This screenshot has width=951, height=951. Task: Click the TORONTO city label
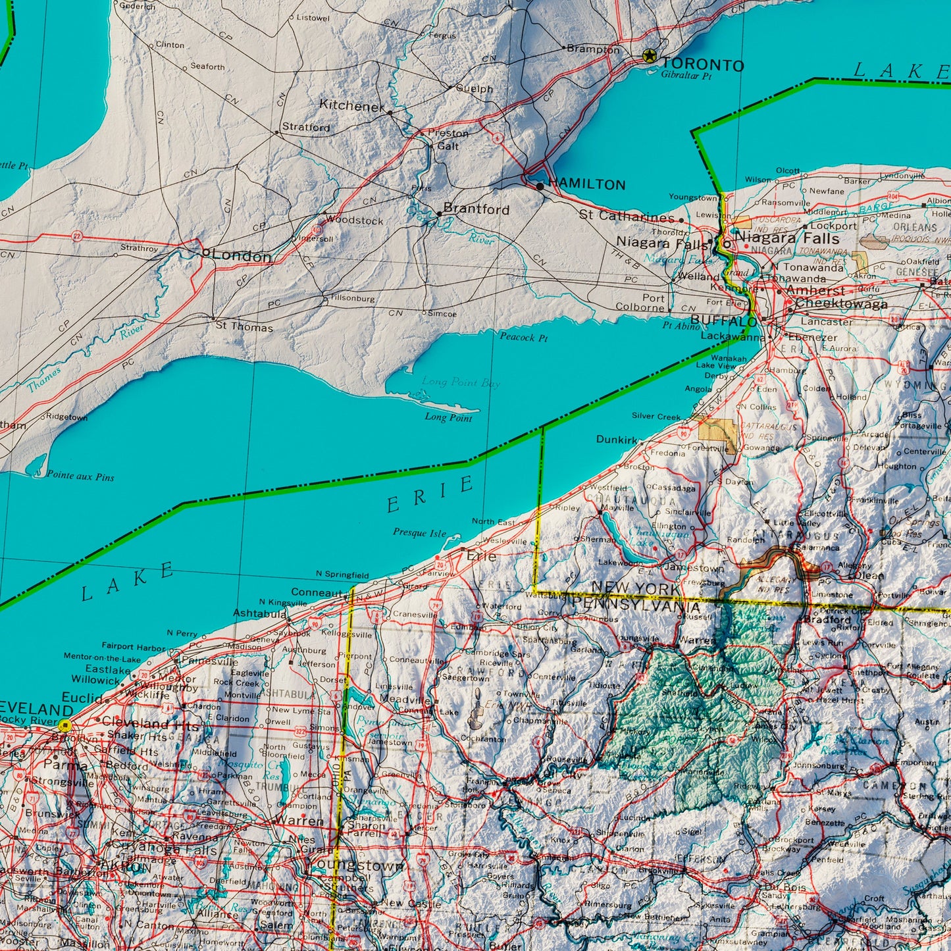702,64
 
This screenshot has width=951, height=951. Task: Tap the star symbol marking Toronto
650,57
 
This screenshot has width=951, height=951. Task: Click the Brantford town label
476,209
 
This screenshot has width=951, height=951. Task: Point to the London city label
241,256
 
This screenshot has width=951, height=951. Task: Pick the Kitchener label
352,105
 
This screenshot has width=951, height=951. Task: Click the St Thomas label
244,327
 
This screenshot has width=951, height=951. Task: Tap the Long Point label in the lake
448,417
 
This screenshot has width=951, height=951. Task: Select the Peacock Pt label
523,338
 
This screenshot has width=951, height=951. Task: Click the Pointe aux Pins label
80,476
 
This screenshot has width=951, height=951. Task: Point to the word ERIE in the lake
430,496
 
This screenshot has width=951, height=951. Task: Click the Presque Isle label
419,533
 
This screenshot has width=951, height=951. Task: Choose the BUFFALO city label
724,321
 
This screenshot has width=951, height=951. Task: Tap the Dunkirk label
617,439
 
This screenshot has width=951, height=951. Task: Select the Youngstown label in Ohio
357,865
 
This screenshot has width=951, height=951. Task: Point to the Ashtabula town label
259,613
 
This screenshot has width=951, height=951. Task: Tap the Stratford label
306,127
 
